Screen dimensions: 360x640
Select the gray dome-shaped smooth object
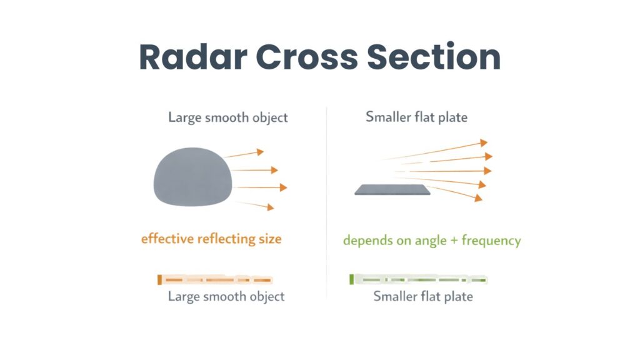[x=192, y=180]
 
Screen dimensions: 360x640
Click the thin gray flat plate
[x=393, y=190]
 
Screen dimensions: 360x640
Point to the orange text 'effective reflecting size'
[x=211, y=239]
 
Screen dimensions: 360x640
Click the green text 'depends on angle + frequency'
[x=431, y=241]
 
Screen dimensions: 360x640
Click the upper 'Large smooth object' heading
[x=228, y=117]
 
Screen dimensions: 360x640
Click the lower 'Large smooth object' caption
[x=226, y=296]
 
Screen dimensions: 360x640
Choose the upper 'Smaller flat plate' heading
[x=416, y=117]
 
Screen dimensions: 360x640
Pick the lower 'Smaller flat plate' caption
[x=423, y=296]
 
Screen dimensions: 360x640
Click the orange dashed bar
[x=215, y=279]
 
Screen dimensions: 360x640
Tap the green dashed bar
[x=419, y=279]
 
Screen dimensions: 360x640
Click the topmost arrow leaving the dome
[x=245, y=153]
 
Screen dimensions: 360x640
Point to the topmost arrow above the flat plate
[x=437, y=150]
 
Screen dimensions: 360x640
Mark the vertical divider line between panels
[x=327, y=200]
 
